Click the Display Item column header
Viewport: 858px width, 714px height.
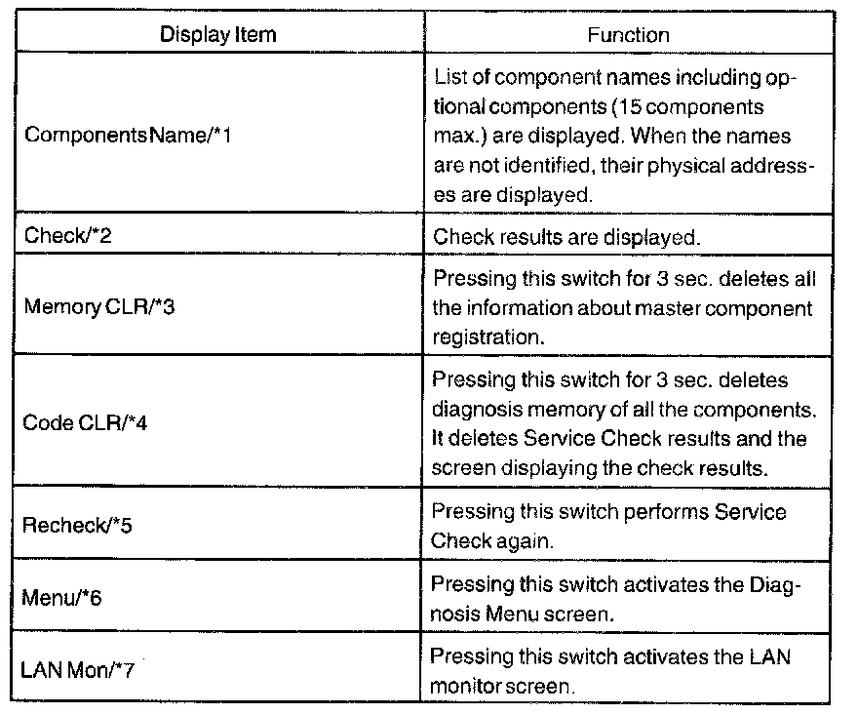point(217,34)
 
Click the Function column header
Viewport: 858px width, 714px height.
point(627,34)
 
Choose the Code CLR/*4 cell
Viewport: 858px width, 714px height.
point(80,423)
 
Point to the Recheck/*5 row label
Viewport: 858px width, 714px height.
point(77,526)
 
